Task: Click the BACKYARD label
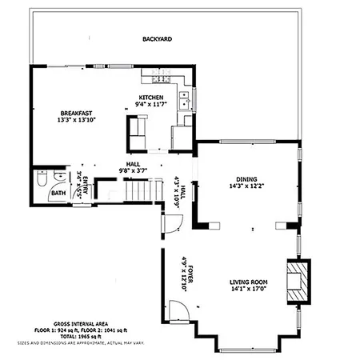click(158, 38)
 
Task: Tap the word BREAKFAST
click(78, 112)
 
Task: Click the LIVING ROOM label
click(249, 282)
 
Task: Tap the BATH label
click(58, 193)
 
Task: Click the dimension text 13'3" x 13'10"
click(78, 120)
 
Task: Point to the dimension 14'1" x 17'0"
click(249, 290)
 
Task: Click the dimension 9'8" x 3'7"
click(133, 170)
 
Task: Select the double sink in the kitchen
click(185, 100)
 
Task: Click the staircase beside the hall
click(138, 192)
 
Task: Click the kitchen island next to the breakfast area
click(136, 131)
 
